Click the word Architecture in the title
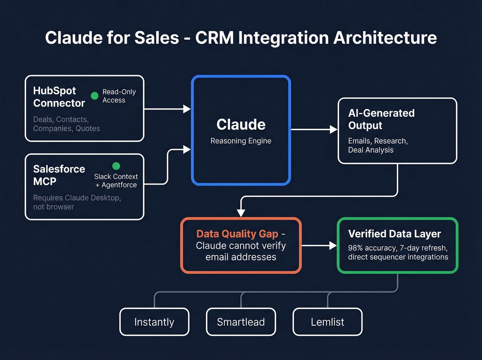coord(385,38)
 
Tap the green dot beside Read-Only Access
coord(95,96)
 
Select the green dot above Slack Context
coord(116,166)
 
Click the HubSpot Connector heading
coord(59,97)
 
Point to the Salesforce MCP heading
coord(59,175)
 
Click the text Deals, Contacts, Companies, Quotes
coord(66,124)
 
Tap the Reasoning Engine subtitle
coord(241,141)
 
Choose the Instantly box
coord(154,322)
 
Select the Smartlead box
coord(241,322)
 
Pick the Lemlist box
coord(327,322)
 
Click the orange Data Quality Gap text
coord(237,234)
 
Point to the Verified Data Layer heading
coord(395,234)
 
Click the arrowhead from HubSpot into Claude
coord(187,109)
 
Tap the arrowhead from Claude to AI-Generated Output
coord(333,130)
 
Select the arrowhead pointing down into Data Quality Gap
coord(241,213)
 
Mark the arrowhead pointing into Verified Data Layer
coord(333,246)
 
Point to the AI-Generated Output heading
coord(381,119)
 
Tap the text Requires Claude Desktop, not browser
coord(77,202)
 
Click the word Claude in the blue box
coord(241,125)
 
